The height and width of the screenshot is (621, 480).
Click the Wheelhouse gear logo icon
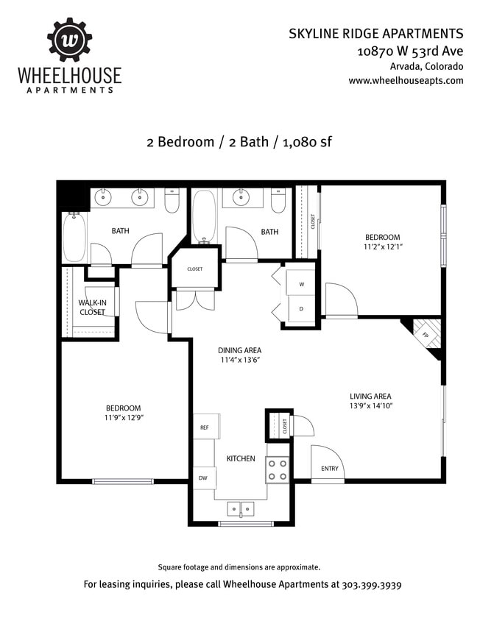pyautogui.click(x=70, y=40)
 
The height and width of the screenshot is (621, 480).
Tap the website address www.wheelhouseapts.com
pyautogui.click(x=406, y=80)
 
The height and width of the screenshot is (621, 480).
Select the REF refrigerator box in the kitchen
pyautogui.click(x=205, y=427)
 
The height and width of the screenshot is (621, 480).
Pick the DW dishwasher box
pyautogui.click(x=202, y=478)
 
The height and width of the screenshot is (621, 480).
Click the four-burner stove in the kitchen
pyautogui.click(x=277, y=470)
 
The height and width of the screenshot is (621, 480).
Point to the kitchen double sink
pyautogui.click(x=241, y=508)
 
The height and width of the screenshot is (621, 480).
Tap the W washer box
pyautogui.click(x=301, y=284)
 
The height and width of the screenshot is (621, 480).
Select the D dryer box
pyautogui.click(x=301, y=308)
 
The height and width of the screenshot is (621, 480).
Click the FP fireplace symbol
pyautogui.click(x=425, y=334)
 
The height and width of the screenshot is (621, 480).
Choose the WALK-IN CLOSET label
pyautogui.click(x=92, y=307)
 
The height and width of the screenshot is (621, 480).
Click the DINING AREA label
pyautogui.click(x=239, y=350)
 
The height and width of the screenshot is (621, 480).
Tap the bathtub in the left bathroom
pyautogui.click(x=74, y=237)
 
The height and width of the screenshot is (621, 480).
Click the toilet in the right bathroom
pyautogui.click(x=278, y=200)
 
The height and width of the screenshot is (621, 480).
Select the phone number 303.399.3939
pyautogui.click(x=372, y=586)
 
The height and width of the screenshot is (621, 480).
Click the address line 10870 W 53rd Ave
pyautogui.click(x=410, y=52)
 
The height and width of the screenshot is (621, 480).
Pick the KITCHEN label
pyautogui.click(x=241, y=458)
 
